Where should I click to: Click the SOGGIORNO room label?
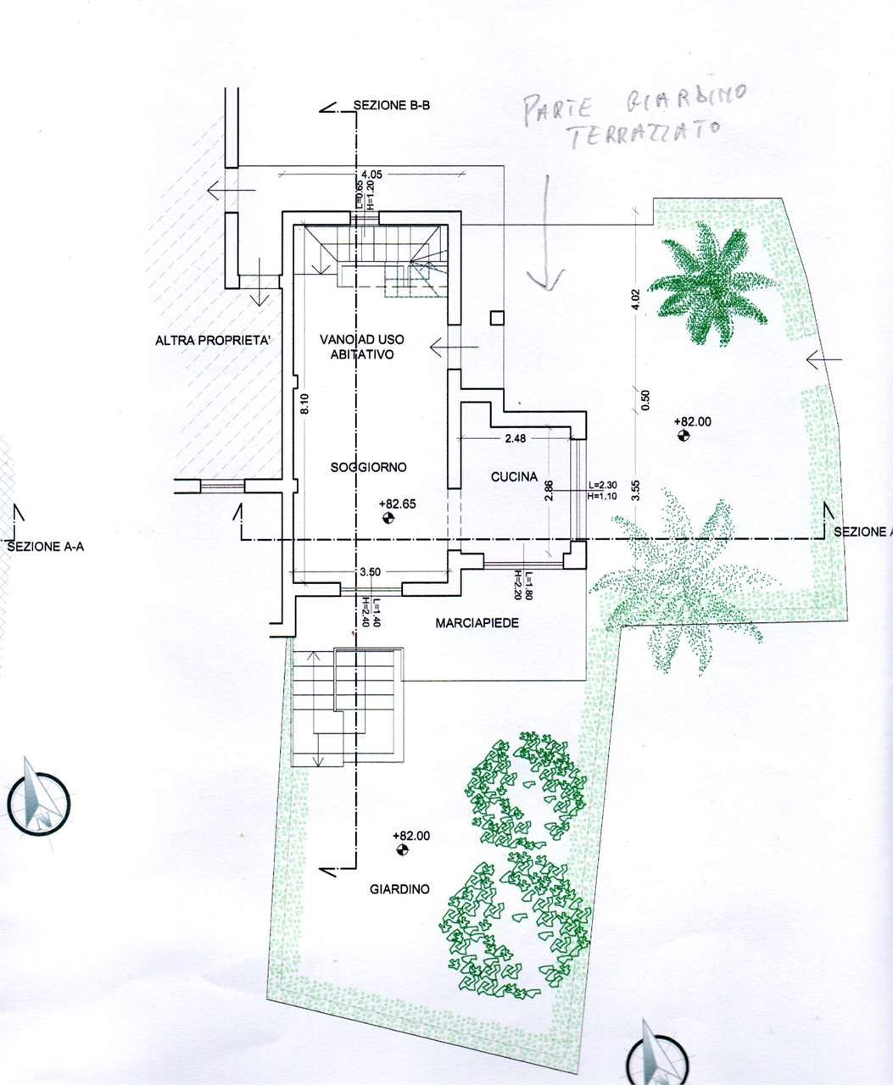coord(369,467)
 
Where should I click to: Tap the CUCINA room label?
coord(514,477)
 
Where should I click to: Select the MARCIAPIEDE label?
coord(477,623)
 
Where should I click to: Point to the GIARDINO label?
coord(399,889)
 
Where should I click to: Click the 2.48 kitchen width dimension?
coord(516,438)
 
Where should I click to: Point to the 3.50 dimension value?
coord(369,572)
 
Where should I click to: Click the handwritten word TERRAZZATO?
coord(645,136)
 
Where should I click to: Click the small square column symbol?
coord(497,318)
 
